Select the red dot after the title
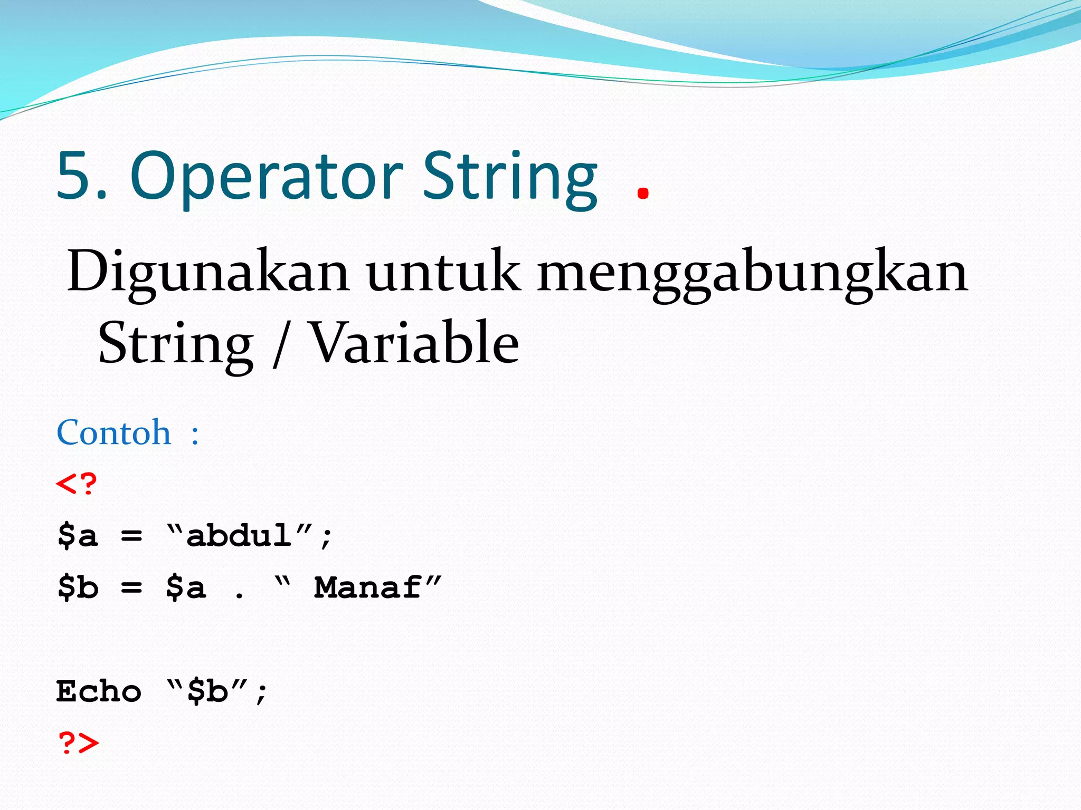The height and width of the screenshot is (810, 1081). pos(642,193)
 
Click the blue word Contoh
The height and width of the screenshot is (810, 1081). pos(114,433)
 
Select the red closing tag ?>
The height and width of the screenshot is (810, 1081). pos(78,742)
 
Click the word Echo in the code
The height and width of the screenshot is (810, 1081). pos(99,691)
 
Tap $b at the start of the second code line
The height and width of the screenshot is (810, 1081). pos(78,587)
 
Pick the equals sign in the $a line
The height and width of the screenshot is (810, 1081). pos(131,536)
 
